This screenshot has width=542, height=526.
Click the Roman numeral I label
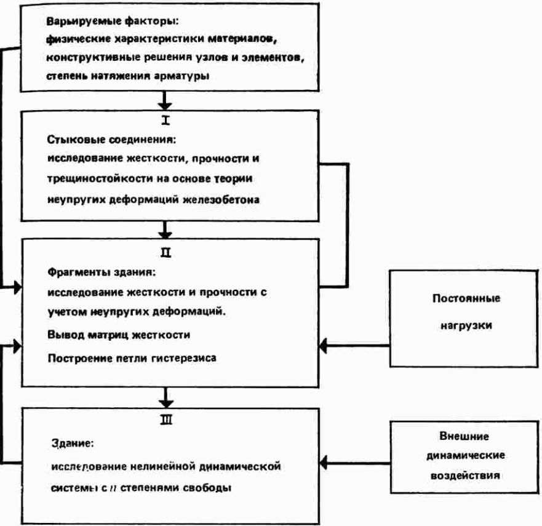pyautogui.click(x=165, y=121)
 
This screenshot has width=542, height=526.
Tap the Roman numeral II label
pyautogui.click(x=165, y=252)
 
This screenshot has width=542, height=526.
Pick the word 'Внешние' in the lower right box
pyautogui.click(x=464, y=437)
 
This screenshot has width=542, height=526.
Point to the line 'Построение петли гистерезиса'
pyautogui.click(x=132, y=357)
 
